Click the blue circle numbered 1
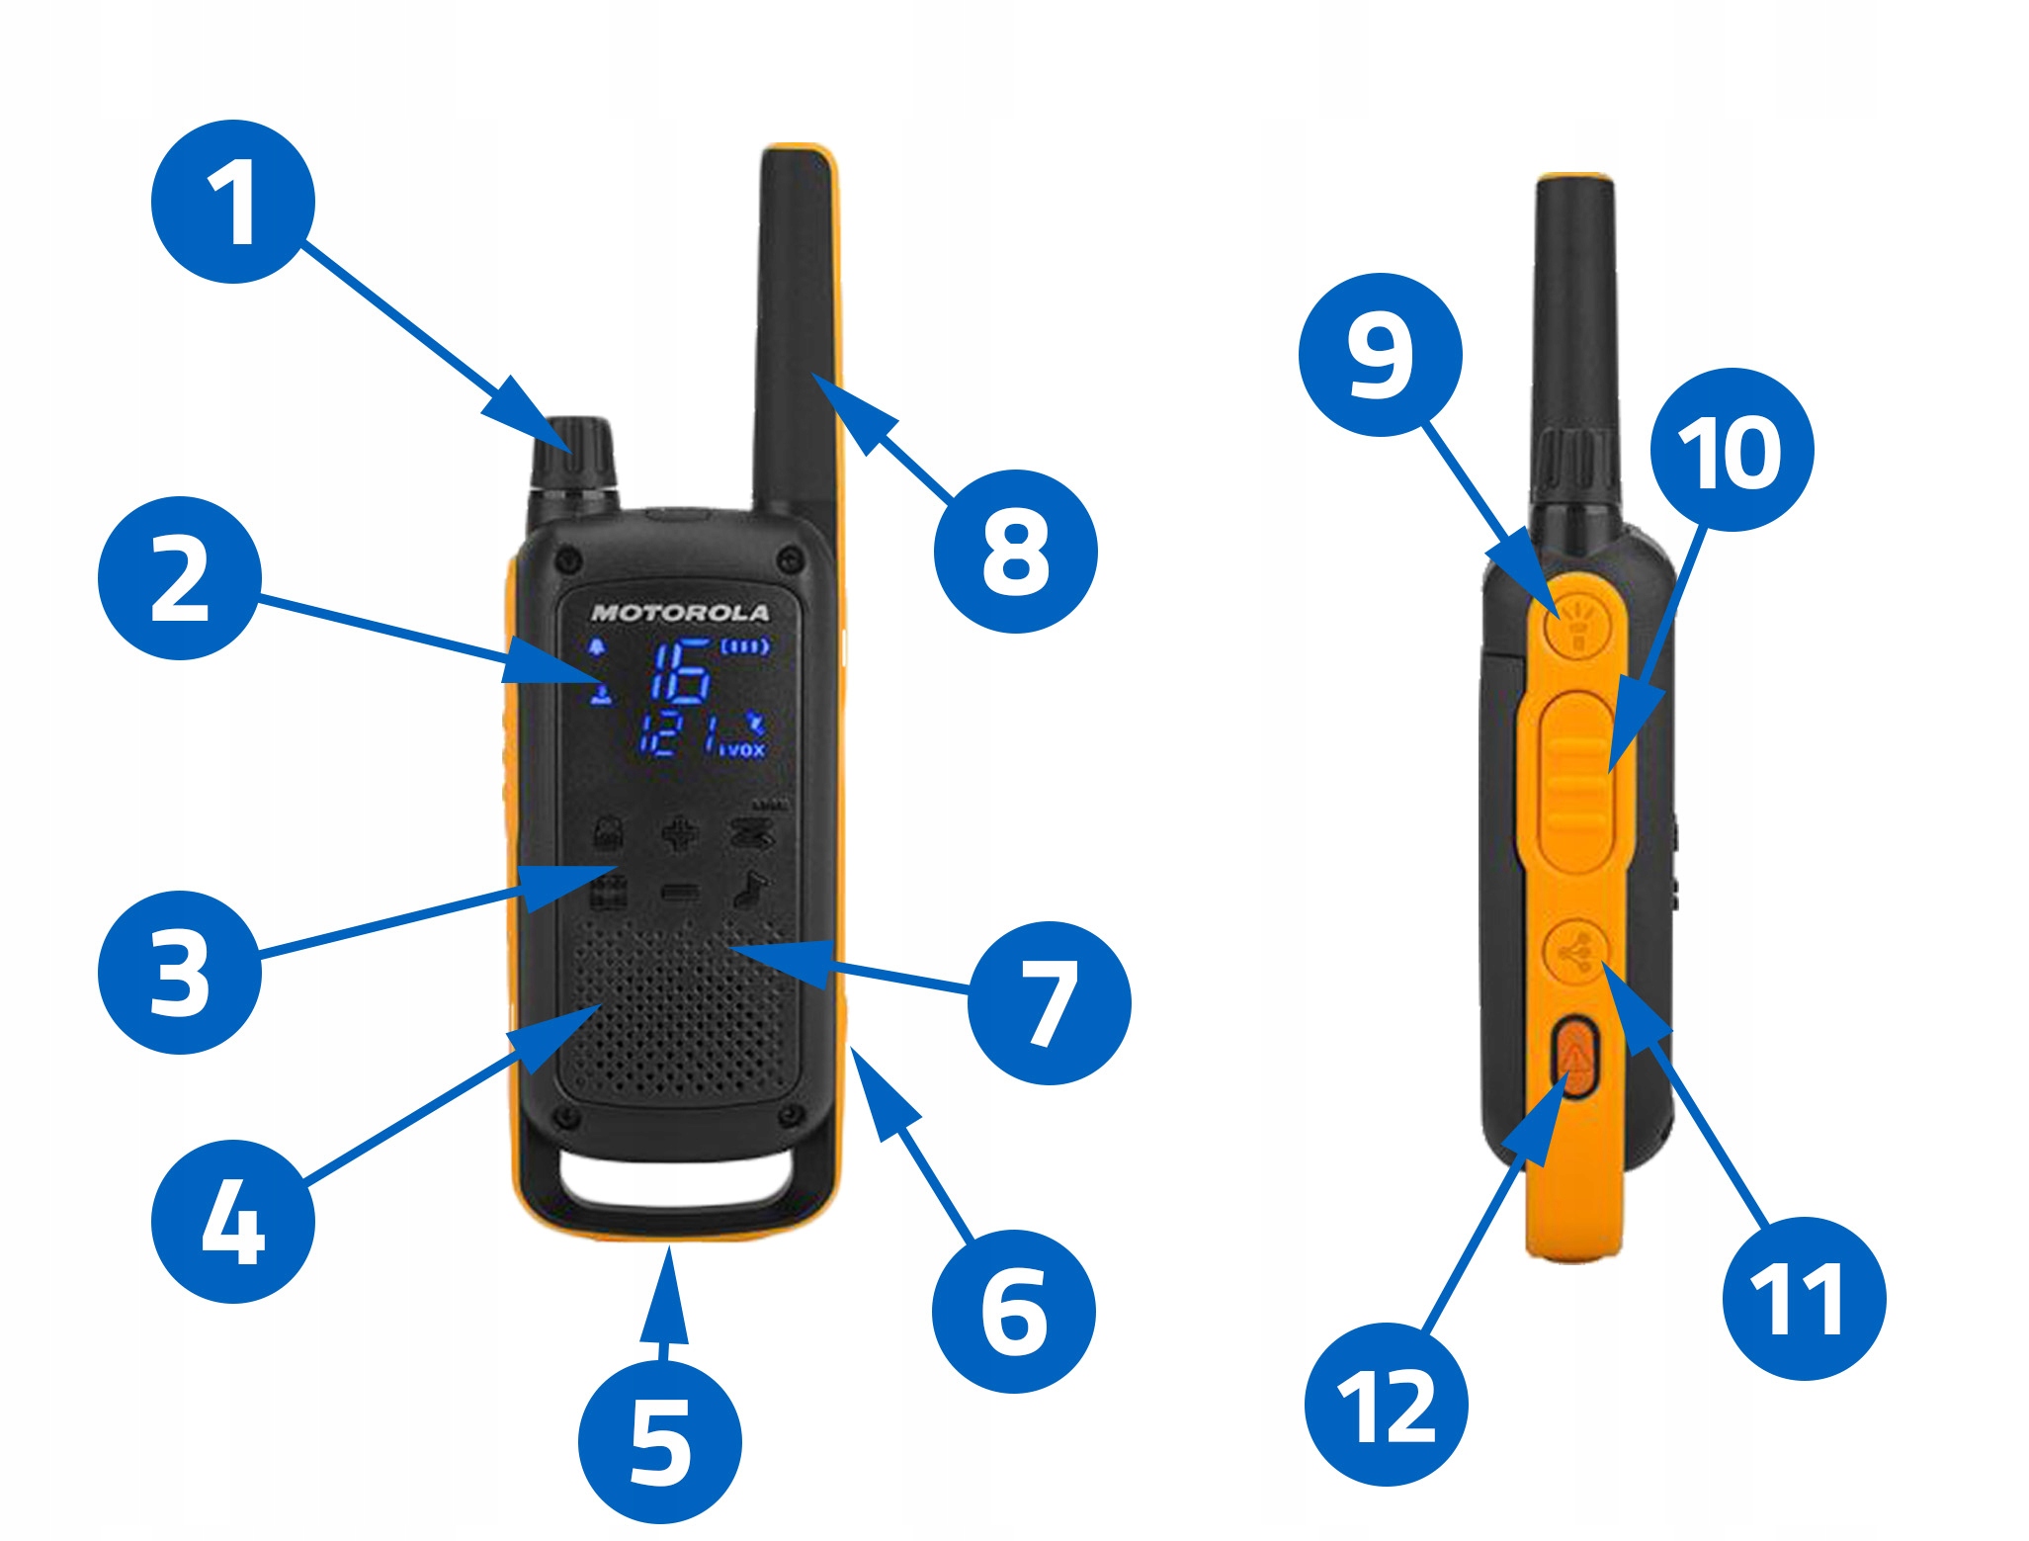coord(232,202)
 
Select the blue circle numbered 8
coord(1015,552)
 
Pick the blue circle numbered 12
coord(1386,1405)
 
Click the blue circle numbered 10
coord(1732,450)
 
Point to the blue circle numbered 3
coord(180,973)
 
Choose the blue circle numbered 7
coord(1050,1002)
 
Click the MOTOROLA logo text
coord(680,613)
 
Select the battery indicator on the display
coord(745,647)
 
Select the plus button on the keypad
coord(680,833)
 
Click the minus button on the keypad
coord(680,894)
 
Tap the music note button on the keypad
coord(751,890)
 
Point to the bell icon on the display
coord(596,648)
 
